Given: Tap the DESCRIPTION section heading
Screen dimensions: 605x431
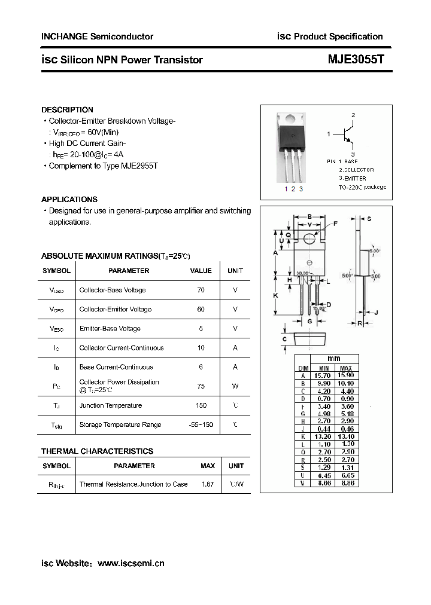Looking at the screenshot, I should (x=67, y=110).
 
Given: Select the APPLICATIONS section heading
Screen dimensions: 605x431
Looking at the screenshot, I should (x=69, y=200).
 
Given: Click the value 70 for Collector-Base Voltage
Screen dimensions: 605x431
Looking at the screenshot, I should (x=201, y=290).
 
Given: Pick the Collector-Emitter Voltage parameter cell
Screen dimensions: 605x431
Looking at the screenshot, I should (x=115, y=309).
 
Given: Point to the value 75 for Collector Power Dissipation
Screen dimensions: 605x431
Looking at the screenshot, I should (x=201, y=386).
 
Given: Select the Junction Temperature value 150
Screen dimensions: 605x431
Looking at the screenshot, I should (x=201, y=405).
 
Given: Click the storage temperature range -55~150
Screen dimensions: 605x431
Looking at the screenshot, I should (x=201, y=424).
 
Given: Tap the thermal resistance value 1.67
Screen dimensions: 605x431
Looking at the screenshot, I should (x=208, y=484).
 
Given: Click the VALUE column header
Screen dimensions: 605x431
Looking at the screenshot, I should (x=201, y=271).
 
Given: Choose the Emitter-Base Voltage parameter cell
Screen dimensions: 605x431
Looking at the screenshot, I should (x=110, y=328).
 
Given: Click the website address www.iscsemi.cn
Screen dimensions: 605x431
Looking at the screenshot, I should (x=130, y=563).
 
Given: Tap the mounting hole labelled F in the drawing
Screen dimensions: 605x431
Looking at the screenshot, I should (x=309, y=239).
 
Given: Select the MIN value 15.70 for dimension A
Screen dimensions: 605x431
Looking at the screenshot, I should (x=324, y=375).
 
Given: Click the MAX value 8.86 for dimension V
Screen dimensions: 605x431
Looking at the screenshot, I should (x=346, y=483).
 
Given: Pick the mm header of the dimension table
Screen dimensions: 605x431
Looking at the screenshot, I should (x=334, y=358).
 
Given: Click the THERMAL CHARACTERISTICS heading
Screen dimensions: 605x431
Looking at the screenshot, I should (x=97, y=451).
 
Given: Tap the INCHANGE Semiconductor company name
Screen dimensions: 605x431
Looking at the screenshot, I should (x=97, y=36).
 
